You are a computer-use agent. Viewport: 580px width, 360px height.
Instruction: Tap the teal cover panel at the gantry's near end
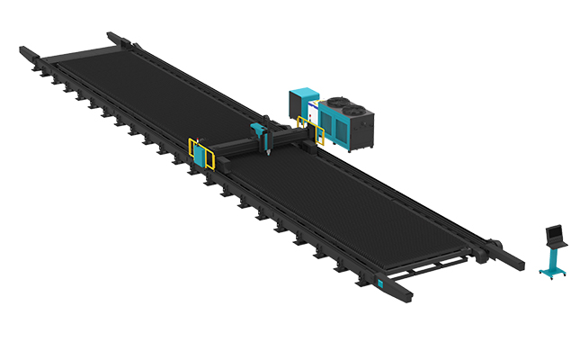[198, 155]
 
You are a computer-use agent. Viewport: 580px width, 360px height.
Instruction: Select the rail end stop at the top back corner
[115, 37]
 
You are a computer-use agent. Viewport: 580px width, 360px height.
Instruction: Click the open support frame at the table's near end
[432, 267]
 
